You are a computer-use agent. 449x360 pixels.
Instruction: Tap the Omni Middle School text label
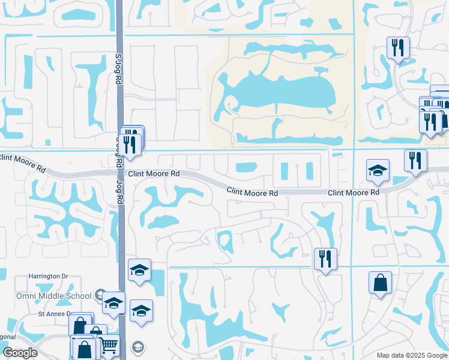[54, 296]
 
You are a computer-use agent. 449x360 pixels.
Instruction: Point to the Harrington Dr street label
[49, 277]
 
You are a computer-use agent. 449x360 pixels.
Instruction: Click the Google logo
[19, 353]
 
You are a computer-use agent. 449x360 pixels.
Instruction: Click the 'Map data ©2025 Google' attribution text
[412, 355]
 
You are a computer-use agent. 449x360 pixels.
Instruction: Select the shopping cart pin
[109, 344]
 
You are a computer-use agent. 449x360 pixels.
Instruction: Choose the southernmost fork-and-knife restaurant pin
[325, 259]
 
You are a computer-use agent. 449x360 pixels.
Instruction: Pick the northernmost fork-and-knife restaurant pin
[399, 47]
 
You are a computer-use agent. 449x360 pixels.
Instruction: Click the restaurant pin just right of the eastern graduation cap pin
[415, 160]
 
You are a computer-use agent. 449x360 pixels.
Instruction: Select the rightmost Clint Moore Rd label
[354, 192]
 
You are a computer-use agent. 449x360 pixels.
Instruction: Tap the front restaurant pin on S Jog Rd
[130, 144]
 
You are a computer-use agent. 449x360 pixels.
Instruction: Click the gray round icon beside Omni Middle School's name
[101, 295]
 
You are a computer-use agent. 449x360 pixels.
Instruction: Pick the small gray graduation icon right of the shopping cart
[138, 347]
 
